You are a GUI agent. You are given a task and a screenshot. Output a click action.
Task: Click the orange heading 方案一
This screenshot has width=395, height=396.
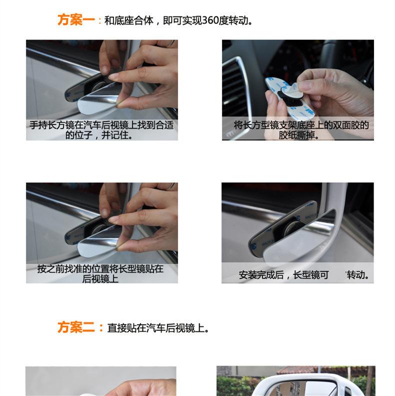click(76, 20)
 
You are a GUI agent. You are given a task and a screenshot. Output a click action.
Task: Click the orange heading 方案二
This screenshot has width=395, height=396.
click(76, 328)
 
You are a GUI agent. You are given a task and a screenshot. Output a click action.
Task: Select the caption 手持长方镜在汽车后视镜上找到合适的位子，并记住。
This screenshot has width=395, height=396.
click(101, 130)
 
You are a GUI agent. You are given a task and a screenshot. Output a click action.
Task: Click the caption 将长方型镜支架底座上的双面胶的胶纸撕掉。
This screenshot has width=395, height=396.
click(301, 130)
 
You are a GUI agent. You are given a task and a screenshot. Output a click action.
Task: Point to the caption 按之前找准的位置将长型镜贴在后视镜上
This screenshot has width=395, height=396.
click(100, 274)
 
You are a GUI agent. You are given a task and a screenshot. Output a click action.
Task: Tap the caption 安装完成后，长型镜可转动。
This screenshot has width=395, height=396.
click(303, 275)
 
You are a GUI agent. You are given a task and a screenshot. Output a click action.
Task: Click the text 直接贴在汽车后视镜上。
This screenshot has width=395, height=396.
click(158, 328)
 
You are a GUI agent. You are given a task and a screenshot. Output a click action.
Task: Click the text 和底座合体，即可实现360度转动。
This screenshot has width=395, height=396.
click(178, 20)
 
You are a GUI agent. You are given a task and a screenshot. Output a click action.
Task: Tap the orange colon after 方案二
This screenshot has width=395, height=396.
click(101, 328)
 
